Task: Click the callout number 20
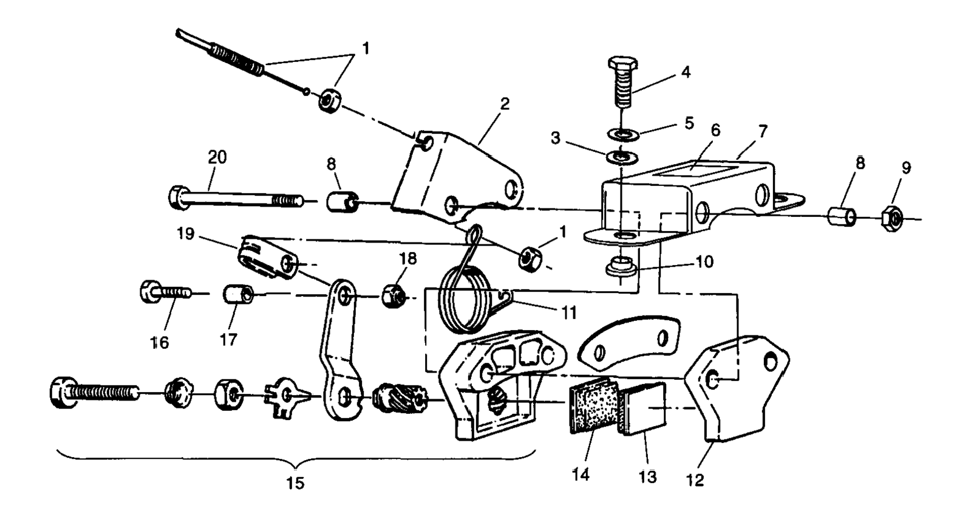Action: (217, 157)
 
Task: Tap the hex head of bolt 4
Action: (621, 64)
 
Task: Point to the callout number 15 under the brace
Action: (295, 483)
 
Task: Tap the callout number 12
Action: (695, 480)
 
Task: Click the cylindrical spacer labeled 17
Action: (237, 295)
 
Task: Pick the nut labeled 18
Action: (392, 296)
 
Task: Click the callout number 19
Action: (186, 233)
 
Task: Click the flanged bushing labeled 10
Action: (620, 268)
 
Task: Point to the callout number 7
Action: (763, 131)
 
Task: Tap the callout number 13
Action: (647, 476)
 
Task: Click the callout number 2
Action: (504, 104)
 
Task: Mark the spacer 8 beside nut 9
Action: (843, 216)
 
